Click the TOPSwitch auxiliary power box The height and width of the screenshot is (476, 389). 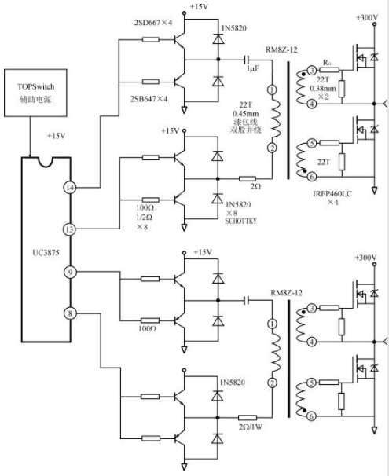pyautogui.click(x=35, y=93)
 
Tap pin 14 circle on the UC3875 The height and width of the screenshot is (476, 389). pyautogui.click(x=70, y=187)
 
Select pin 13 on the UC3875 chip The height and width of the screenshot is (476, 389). pyautogui.click(x=70, y=229)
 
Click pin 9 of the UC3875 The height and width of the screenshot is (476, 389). pyautogui.click(x=70, y=272)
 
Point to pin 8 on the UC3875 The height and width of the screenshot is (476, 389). pyautogui.click(x=70, y=313)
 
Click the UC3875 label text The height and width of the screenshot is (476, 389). pyautogui.click(x=46, y=253)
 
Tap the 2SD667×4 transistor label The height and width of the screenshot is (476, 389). pyautogui.click(x=153, y=23)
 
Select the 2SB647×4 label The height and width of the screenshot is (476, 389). pyautogui.click(x=149, y=99)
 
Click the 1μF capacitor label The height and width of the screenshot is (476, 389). pyautogui.click(x=252, y=68)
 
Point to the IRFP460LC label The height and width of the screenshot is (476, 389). pyautogui.click(x=332, y=194)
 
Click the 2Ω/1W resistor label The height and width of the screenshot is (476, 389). pyautogui.click(x=251, y=427)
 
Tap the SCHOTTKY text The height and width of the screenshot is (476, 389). pyautogui.click(x=240, y=221)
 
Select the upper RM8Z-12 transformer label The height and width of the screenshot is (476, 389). pyautogui.click(x=281, y=49)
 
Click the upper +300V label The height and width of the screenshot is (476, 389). pyautogui.click(x=367, y=17)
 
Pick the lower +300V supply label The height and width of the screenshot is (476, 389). pyautogui.click(x=365, y=258)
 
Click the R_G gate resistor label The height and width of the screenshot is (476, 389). pyautogui.click(x=327, y=63)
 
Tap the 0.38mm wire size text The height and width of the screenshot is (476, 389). pyautogui.click(x=323, y=89)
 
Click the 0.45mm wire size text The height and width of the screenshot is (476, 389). pyautogui.click(x=246, y=114)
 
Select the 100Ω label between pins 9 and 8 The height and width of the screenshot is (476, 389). pyautogui.click(x=147, y=329)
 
